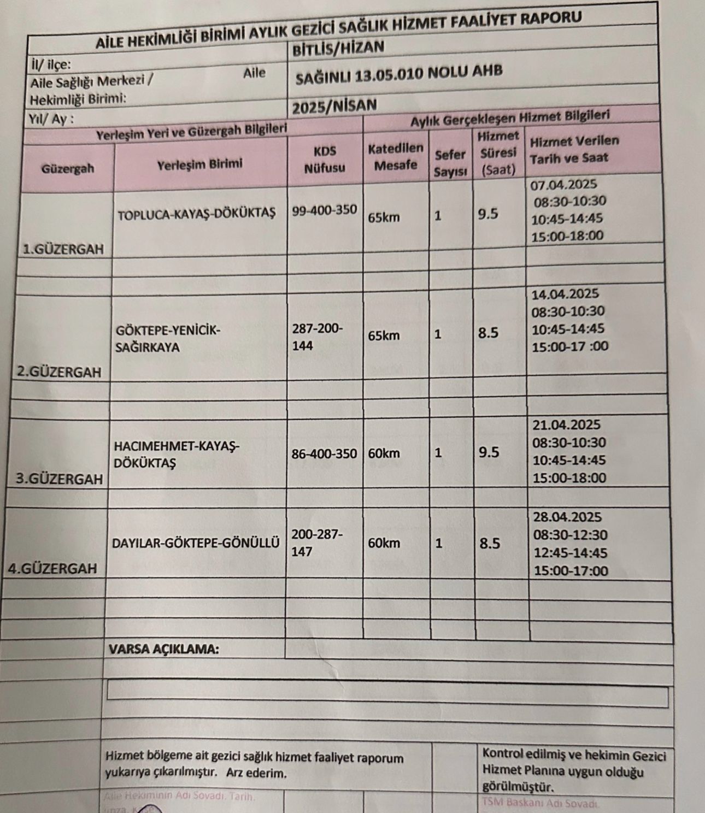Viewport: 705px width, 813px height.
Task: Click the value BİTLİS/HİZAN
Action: [338, 48]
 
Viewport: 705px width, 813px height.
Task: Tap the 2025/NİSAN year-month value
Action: [334, 105]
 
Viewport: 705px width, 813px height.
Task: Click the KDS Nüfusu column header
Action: [325, 159]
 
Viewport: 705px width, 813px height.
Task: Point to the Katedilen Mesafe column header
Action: [396, 156]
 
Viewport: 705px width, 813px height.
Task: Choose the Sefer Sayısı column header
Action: [450, 163]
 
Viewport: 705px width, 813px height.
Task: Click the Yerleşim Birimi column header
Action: [199, 164]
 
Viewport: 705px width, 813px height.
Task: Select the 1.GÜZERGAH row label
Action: [63, 250]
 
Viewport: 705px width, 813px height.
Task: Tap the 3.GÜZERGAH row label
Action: [59, 479]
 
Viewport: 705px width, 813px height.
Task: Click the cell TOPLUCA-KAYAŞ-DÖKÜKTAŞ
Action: [197, 213]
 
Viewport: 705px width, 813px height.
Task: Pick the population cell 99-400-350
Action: [324, 210]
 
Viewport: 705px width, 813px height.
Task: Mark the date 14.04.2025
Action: [565, 294]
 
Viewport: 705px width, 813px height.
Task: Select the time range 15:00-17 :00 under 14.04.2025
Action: [570, 346]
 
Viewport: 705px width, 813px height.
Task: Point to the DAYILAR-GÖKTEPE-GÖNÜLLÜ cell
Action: [196, 543]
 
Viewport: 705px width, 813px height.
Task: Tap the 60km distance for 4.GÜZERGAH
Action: [384, 543]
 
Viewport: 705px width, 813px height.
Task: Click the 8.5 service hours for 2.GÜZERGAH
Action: [488, 333]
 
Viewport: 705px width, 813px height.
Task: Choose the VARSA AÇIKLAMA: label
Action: [164, 650]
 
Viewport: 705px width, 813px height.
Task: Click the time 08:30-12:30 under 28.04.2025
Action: [570, 535]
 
